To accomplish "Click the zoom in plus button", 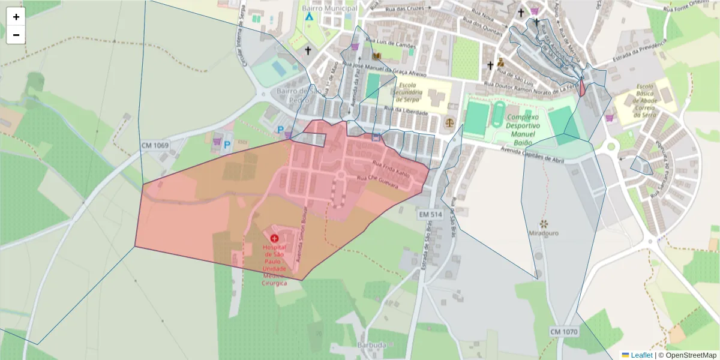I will tap(16, 17).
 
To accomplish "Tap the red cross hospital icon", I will tap(274, 239).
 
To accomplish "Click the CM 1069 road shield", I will tap(155, 146).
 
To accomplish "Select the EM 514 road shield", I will tap(430, 214).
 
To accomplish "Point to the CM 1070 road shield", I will tap(563, 331).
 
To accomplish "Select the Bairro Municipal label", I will tap(330, 8).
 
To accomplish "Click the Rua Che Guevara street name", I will tap(377, 182).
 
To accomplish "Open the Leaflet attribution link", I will tap(641, 355).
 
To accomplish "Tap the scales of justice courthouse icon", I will tap(449, 121).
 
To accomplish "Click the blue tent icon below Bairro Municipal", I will tap(309, 17).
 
